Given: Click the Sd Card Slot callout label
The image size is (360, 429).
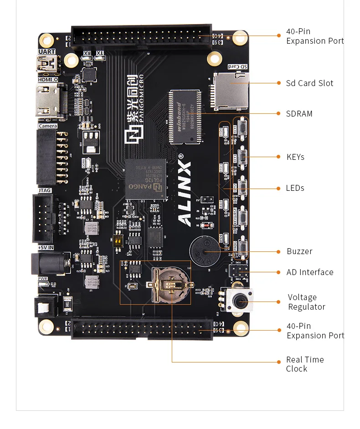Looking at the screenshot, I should point(309,83).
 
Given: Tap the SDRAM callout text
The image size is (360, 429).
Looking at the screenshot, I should point(299,114).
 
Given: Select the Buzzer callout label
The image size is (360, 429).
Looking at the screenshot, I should point(299,251).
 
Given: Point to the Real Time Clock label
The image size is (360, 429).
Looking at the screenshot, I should point(305,364).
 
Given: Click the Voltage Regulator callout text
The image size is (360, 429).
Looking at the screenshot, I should point(306,302).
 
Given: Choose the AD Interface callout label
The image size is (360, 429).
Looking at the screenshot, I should point(310,272).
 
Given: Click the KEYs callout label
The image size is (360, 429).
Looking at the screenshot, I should point(295,157).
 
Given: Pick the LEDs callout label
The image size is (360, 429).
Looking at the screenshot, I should point(295,188).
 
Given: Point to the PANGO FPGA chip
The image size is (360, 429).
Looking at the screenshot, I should point(145,179).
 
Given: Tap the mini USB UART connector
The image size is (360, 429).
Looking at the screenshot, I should point(47,65).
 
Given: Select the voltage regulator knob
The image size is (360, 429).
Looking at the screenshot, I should point(239,301).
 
